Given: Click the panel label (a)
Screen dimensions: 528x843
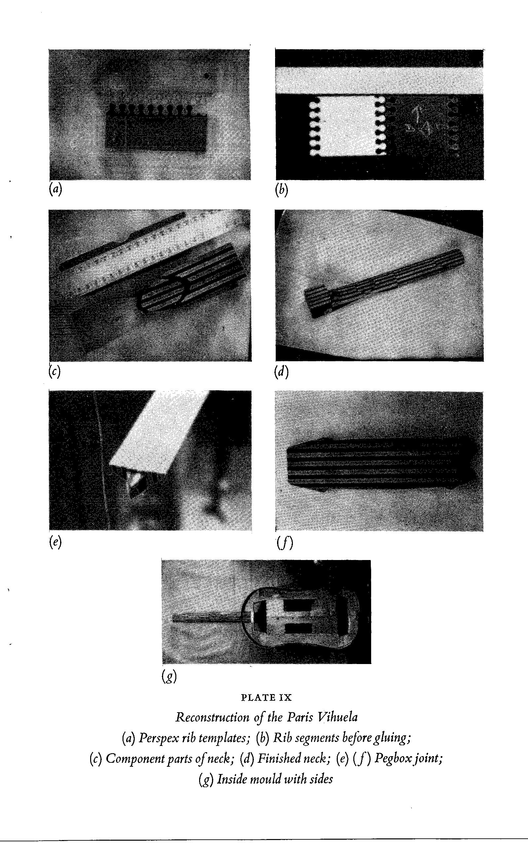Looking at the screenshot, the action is [55, 189].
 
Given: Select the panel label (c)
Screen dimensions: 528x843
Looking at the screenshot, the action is [54, 371].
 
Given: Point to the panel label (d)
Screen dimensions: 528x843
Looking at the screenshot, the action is [281, 371].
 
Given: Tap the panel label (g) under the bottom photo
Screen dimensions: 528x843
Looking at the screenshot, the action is [169, 677].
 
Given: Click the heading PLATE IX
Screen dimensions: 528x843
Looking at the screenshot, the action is [266, 698].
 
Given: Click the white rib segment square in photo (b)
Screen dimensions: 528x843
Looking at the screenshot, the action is [348, 126].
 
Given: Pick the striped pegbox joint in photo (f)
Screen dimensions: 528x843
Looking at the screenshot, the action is [381, 463].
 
